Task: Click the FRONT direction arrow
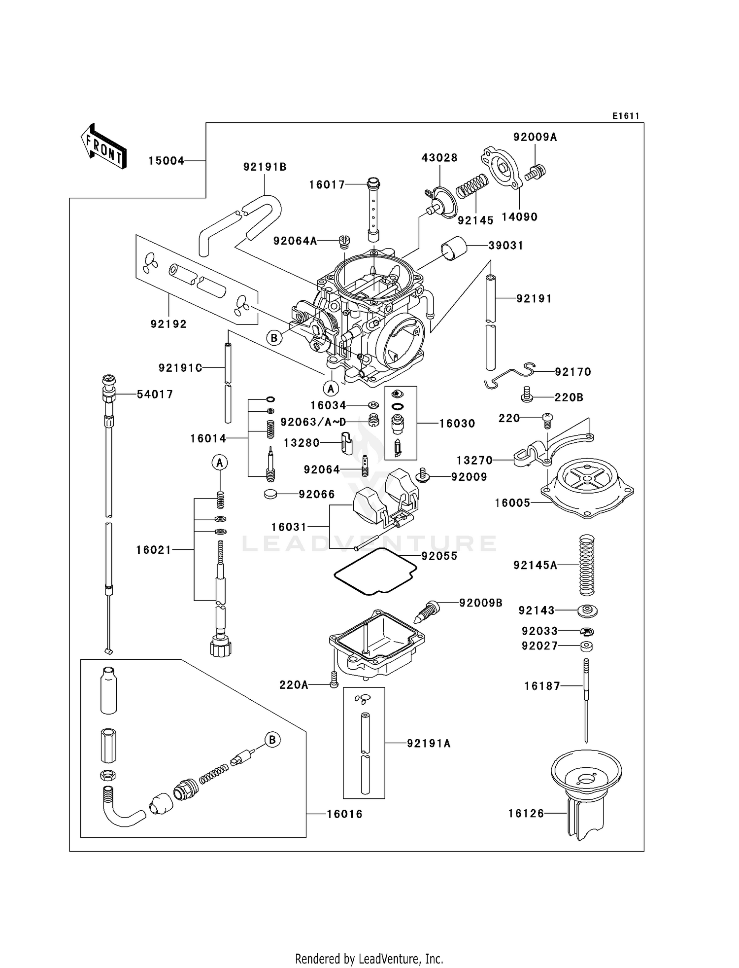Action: pos(104,146)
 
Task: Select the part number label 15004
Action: pos(166,161)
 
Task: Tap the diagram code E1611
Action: pos(625,116)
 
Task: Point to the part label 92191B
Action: pos(265,167)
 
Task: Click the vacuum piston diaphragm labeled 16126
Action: pos(586,794)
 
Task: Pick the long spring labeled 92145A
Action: pos(586,565)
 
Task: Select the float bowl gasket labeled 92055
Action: pos(375,572)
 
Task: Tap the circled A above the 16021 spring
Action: pos(220,463)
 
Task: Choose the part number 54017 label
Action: pos(155,394)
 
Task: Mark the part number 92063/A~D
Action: pos(313,423)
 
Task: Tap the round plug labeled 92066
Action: pos(270,494)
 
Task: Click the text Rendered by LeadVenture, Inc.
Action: pos(369,959)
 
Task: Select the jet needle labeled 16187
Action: pos(586,700)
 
